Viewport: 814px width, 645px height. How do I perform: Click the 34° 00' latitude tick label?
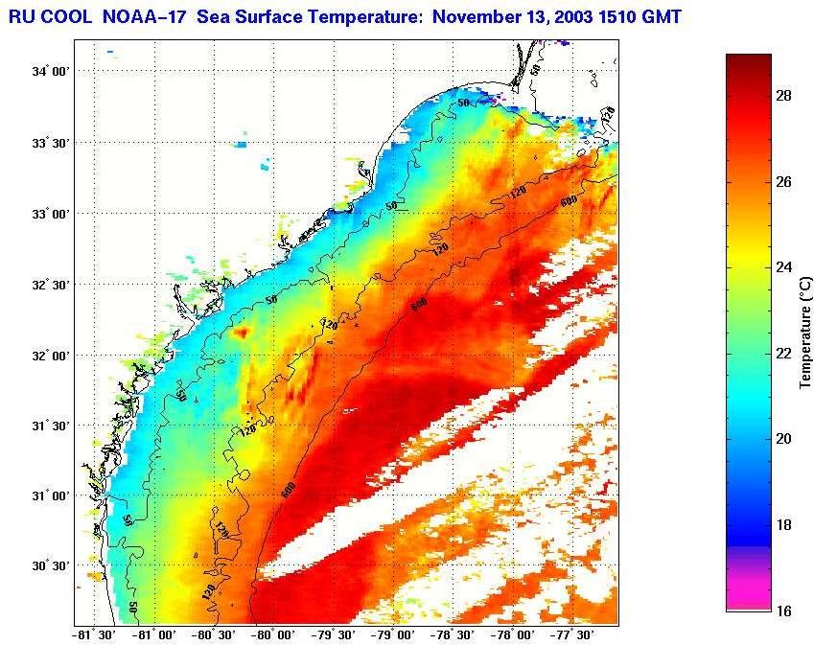click(51, 72)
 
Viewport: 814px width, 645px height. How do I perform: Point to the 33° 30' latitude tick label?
click(51, 143)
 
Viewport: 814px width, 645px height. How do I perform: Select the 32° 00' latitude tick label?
click(51, 355)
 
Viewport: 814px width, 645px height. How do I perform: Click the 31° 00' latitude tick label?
click(51, 495)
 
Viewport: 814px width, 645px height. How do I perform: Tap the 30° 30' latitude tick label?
click(51, 565)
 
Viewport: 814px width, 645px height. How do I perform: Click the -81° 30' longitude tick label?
click(94, 634)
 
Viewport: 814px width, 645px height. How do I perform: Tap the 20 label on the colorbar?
click(783, 439)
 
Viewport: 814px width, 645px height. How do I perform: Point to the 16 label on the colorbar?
click(783, 610)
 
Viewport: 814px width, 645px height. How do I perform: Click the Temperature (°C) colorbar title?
click(806, 332)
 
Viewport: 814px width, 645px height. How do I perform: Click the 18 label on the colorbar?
click(783, 524)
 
